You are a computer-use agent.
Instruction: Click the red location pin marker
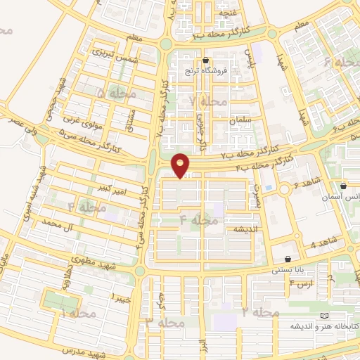click(x=181, y=165)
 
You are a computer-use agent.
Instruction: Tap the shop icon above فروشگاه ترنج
click(x=205, y=60)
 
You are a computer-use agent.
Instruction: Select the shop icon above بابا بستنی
click(x=289, y=259)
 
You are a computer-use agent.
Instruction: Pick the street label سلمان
click(x=240, y=121)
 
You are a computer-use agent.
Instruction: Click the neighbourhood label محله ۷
click(x=209, y=102)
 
